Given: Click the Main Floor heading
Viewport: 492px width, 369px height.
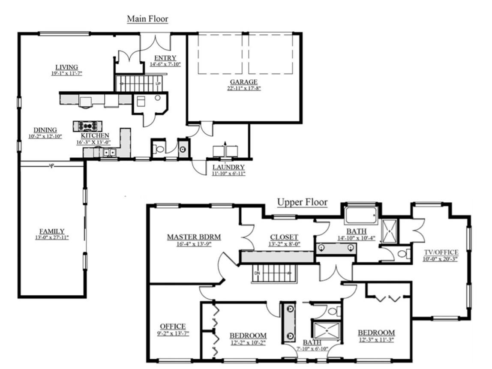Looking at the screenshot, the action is [147, 19].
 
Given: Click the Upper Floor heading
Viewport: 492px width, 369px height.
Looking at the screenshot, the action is [302, 202].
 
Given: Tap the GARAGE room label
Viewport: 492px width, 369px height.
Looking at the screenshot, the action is [244, 82].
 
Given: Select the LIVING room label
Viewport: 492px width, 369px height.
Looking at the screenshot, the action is [66, 67].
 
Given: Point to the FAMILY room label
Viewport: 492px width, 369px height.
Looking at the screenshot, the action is [52, 231].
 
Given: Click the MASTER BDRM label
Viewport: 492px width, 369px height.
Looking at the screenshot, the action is [194, 237].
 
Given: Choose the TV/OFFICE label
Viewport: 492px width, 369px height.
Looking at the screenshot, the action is [441, 252].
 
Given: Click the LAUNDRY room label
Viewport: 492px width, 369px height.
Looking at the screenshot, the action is [228, 167].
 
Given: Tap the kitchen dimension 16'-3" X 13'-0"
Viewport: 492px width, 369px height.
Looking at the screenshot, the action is [93, 142].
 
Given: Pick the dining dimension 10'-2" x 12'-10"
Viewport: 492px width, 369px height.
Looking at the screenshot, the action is [45, 136].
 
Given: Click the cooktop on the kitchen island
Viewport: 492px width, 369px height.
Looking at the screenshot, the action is [87, 126].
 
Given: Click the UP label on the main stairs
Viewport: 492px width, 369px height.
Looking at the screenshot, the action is [158, 84].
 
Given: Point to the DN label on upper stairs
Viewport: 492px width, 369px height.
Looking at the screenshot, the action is [257, 273].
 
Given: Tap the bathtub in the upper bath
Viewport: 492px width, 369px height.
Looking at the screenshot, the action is [361, 216].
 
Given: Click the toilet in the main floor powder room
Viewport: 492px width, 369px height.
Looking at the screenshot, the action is [159, 149].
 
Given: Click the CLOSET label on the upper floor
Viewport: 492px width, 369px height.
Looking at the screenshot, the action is [284, 237].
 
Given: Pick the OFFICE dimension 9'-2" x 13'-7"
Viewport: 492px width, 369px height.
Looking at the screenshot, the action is [173, 333].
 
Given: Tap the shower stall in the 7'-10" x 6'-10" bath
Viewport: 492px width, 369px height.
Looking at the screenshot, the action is [326, 330].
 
